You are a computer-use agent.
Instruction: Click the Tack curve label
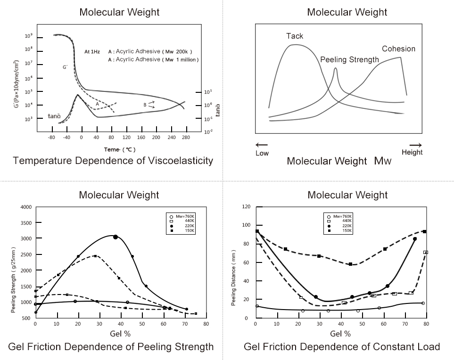(x=295, y=36)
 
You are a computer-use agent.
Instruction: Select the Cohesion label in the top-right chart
(x=398, y=49)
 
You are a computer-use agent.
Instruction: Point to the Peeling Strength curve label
(x=349, y=60)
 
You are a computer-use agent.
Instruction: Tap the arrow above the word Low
(x=262, y=145)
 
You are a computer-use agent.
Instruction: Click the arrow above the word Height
(x=415, y=145)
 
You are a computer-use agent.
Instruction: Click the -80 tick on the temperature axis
(x=52, y=138)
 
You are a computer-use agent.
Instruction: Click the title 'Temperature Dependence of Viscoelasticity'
(x=113, y=161)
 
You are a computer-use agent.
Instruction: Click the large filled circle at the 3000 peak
(x=116, y=237)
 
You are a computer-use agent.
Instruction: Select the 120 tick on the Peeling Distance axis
(x=246, y=207)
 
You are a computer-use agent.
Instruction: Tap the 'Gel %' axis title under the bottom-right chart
(x=340, y=334)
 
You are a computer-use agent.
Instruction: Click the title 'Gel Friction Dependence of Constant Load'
(x=342, y=347)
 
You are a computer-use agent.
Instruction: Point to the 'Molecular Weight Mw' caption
(x=339, y=162)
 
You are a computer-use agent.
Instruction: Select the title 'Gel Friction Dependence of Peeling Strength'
(x=111, y=347)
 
